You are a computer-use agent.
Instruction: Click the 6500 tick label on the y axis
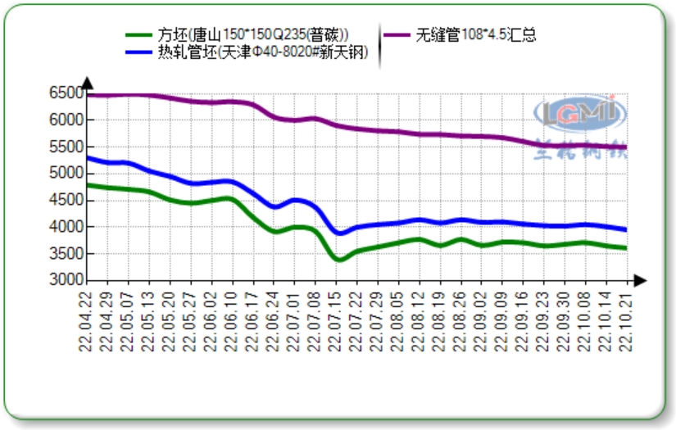coord(67,93)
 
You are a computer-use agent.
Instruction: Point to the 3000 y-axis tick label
coord(67,280)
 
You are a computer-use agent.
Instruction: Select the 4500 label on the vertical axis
coord(67,200)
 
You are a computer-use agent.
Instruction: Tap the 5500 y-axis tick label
coord(67,147)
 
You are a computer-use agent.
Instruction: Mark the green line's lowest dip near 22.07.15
coord(339,260)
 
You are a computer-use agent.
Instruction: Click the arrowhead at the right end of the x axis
coord(640,280)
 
